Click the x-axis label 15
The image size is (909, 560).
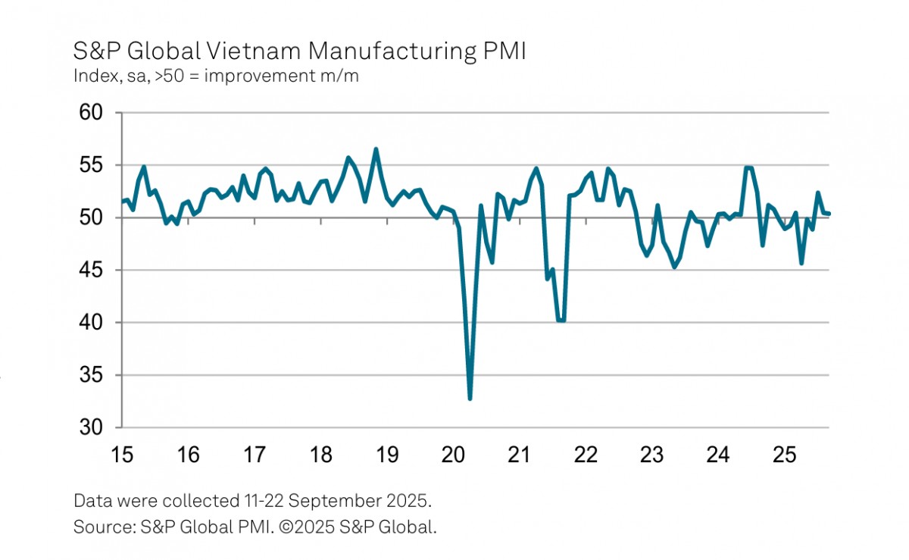point(122,455)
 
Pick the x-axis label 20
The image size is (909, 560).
point(453,455)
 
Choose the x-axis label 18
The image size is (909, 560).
point(321,455)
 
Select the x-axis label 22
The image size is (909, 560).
point(586,455)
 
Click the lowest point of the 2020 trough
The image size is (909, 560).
point(470,399)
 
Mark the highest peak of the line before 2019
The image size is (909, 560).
point(376,149)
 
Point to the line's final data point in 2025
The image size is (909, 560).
point(829,214)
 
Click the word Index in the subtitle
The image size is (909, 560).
point(91,77)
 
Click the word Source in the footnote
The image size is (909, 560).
point(98,527)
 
